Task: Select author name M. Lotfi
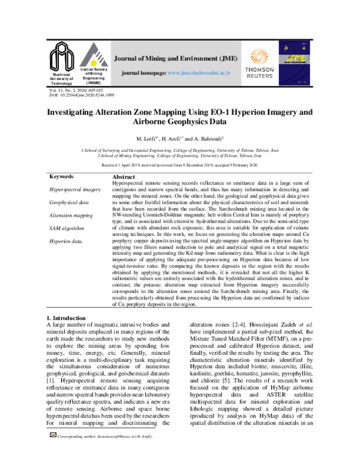151,139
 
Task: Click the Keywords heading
61,177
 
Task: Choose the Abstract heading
124,178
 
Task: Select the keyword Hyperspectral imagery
75,190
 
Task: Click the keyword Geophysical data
68,203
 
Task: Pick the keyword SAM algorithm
66,229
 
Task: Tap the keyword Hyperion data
65,242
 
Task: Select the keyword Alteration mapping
71,216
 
